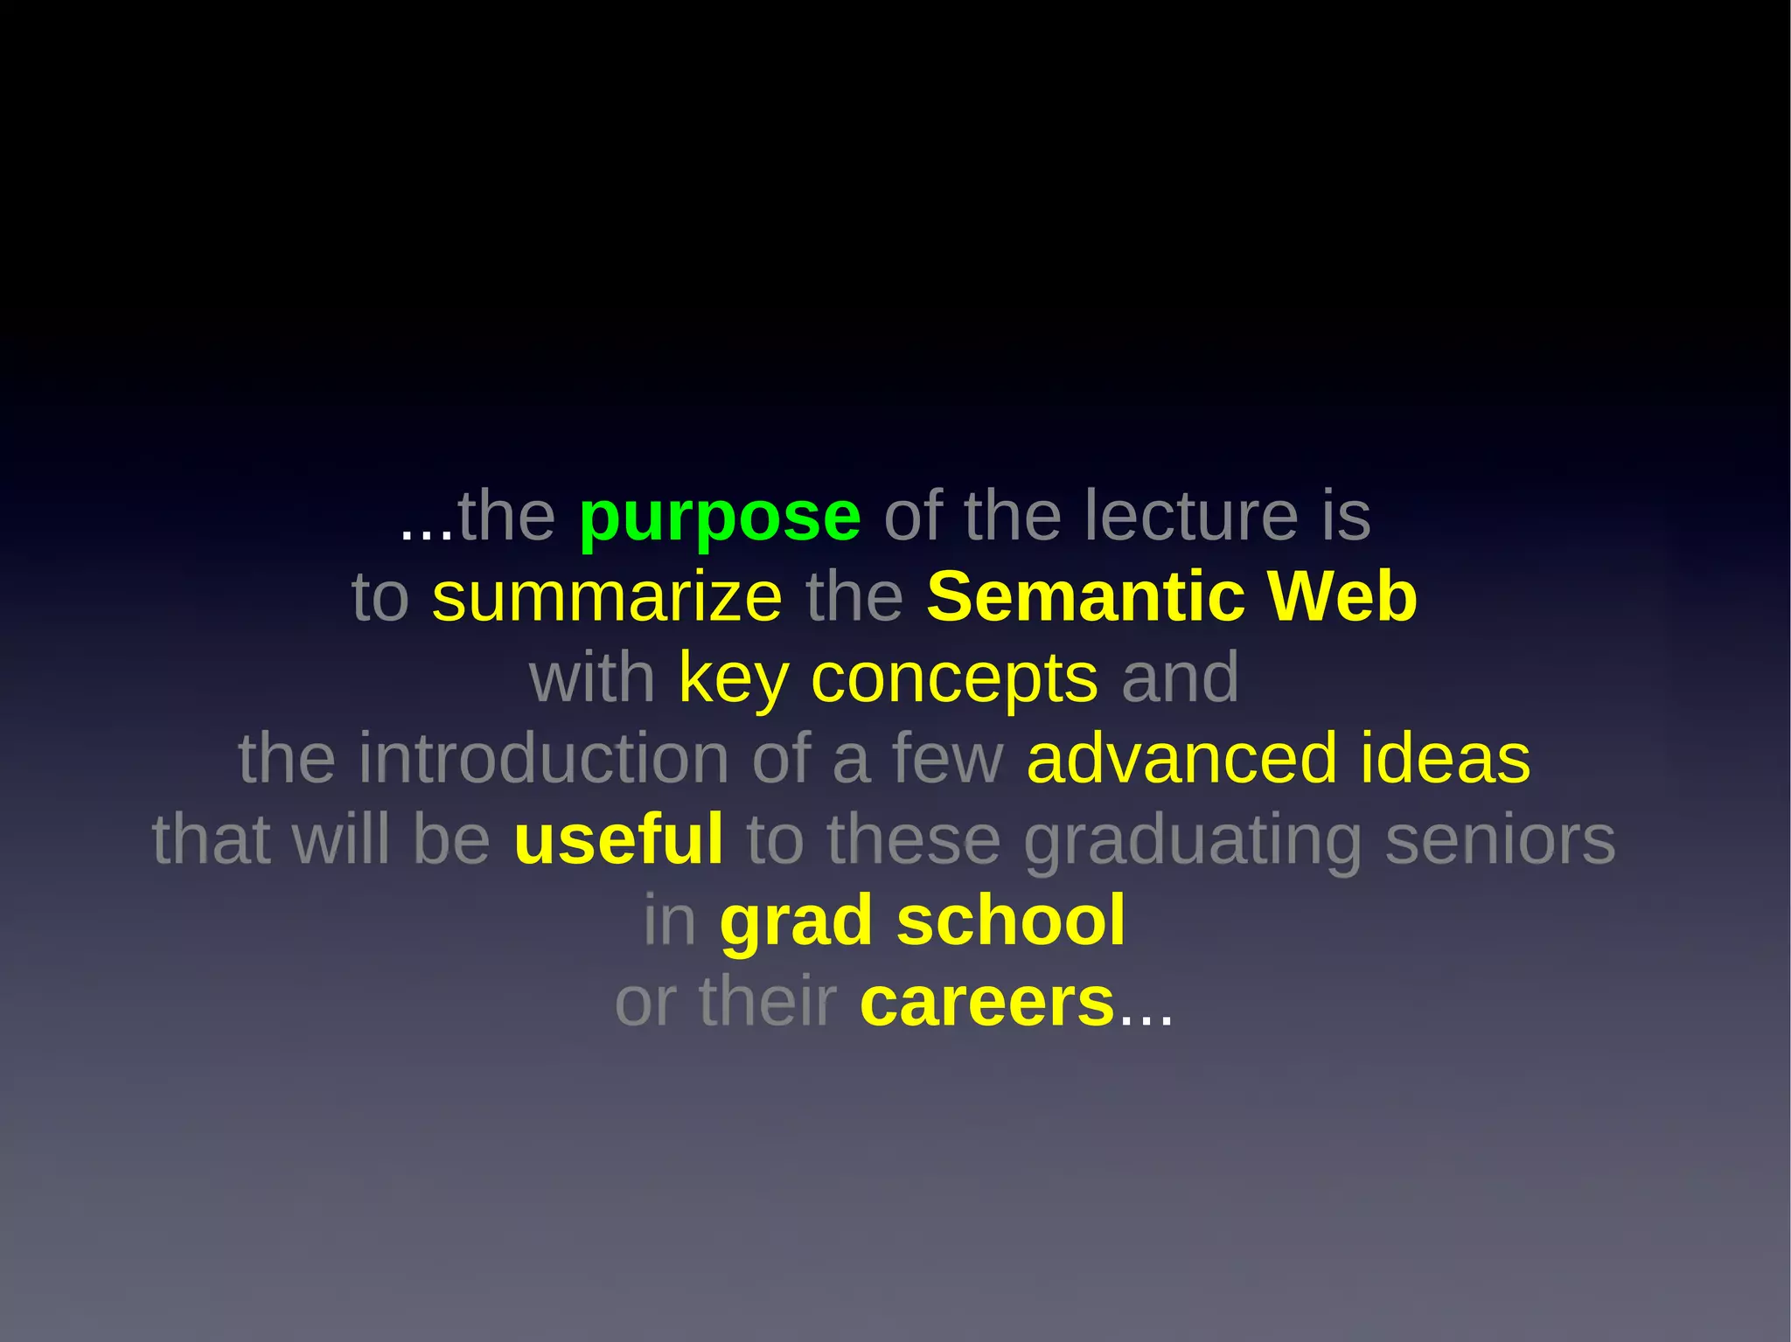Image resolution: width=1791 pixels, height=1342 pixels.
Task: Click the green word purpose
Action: [720, 518]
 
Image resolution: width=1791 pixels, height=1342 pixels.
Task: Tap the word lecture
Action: [1191, 516]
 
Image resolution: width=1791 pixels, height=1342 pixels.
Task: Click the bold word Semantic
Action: [1085, 597]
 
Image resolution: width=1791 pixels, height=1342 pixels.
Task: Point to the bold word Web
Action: [1342, 597]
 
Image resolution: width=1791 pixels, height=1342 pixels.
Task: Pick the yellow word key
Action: [733, 679]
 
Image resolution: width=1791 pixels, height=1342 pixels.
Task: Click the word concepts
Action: [954, 679]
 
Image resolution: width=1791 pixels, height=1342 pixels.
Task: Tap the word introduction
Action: [543, 759]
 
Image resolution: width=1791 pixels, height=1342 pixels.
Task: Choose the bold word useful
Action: [618, 839]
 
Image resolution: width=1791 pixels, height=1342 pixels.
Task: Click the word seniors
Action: [1500, 839]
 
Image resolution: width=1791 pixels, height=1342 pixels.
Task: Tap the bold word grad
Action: [796, 921]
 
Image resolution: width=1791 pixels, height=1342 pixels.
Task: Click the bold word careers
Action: [986, 1003]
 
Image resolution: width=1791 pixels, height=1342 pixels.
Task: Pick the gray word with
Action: [592, 678]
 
